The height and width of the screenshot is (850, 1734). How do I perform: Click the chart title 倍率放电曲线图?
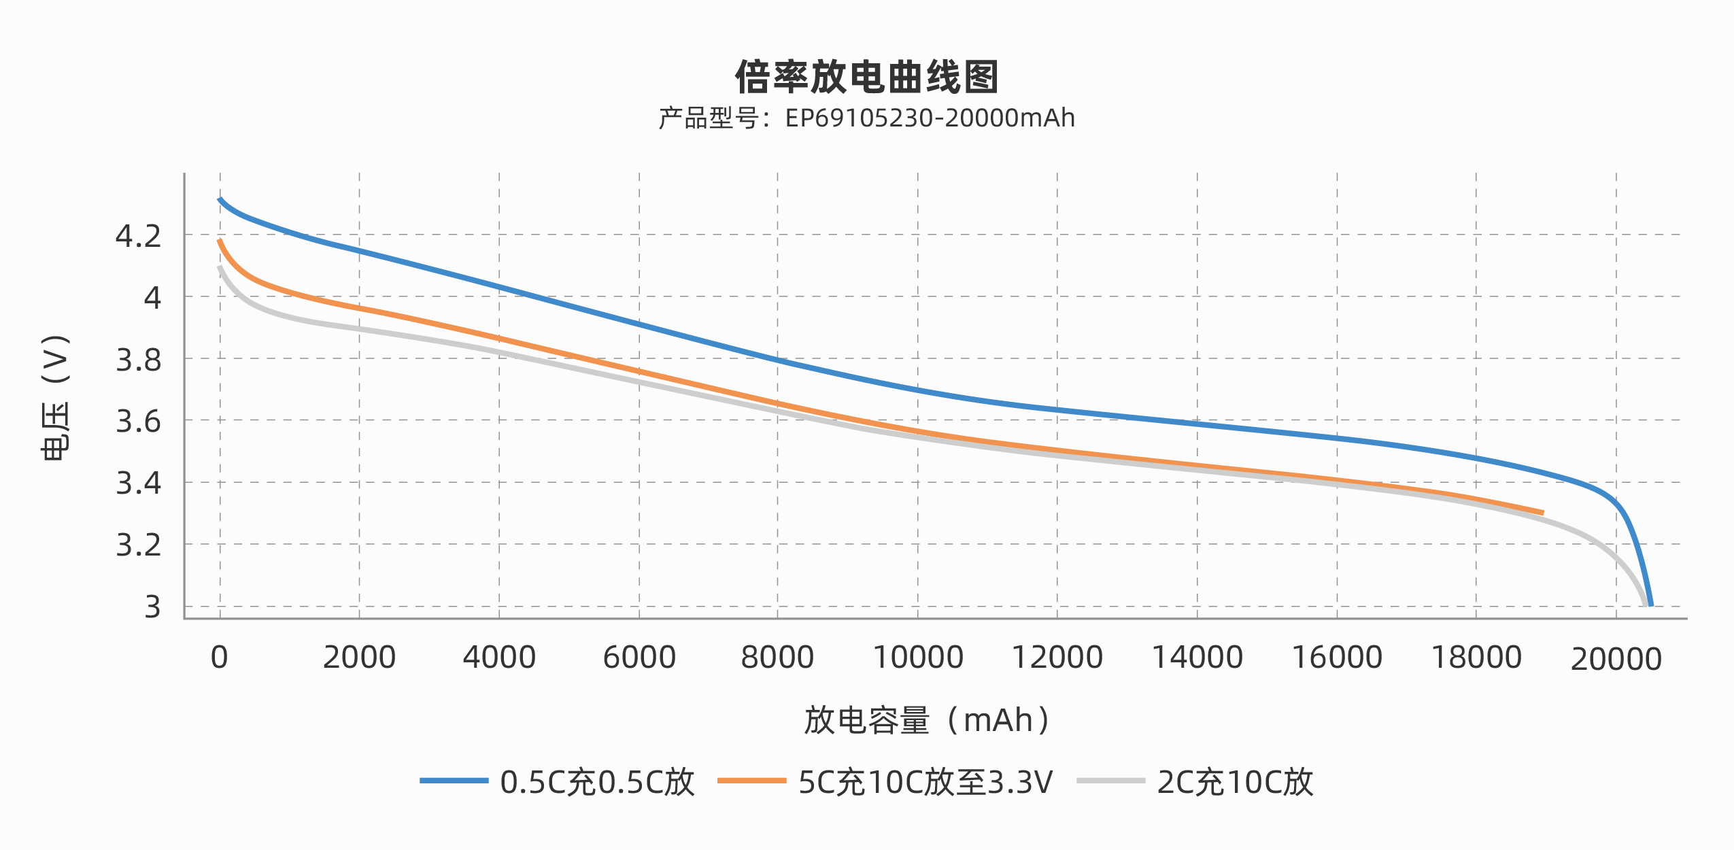(866, 77)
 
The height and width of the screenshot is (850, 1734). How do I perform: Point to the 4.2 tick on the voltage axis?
(139, 236)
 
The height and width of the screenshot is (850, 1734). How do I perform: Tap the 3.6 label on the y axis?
(139, 422)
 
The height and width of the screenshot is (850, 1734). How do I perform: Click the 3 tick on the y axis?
(152, 607)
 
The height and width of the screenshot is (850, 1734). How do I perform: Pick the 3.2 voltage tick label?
(139, 545)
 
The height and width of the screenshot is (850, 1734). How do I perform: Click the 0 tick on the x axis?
(219, 658)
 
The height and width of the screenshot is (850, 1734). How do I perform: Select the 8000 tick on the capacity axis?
(777, 658)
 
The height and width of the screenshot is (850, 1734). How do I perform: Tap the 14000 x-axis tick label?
(1197, 658)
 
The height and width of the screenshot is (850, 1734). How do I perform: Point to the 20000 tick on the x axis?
(1616, 659)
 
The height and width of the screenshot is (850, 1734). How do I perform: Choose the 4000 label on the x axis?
(499, 658)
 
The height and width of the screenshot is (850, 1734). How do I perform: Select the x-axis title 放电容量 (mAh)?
(928, 720)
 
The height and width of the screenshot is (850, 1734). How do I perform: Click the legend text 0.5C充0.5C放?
(597, 782)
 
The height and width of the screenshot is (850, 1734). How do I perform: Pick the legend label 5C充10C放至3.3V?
(925, 782)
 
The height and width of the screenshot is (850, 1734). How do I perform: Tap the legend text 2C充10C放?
(1235, 782)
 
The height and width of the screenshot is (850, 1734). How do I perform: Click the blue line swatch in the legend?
(454, 781)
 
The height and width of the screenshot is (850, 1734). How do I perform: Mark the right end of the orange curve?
(1542, 513)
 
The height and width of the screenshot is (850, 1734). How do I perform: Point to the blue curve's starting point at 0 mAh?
(220, 199)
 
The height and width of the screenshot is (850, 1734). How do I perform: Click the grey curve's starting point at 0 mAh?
(220, 268)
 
